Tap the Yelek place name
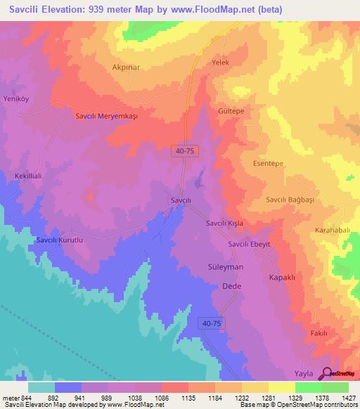[221, 63]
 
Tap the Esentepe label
[267, 163]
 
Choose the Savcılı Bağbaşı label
[289, 200]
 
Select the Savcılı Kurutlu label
[60, 240]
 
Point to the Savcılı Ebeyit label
[248, 244]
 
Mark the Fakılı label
[319, 333]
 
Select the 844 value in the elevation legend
[27, 397]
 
